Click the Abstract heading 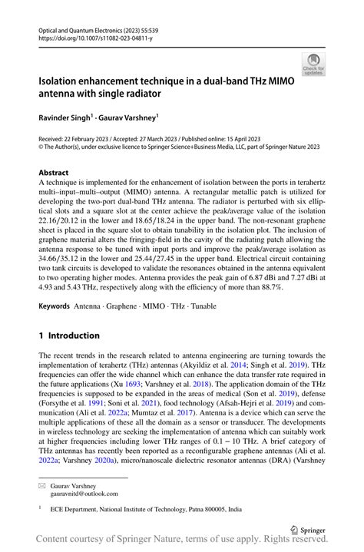[x=54, y=173]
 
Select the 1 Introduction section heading [x=69, y=335]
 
